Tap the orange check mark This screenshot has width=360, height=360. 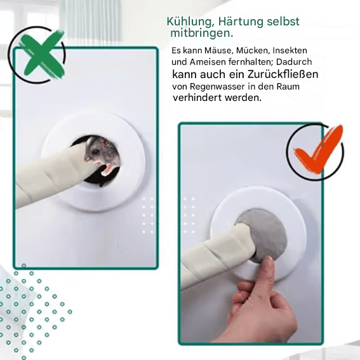tap(317, 152)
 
